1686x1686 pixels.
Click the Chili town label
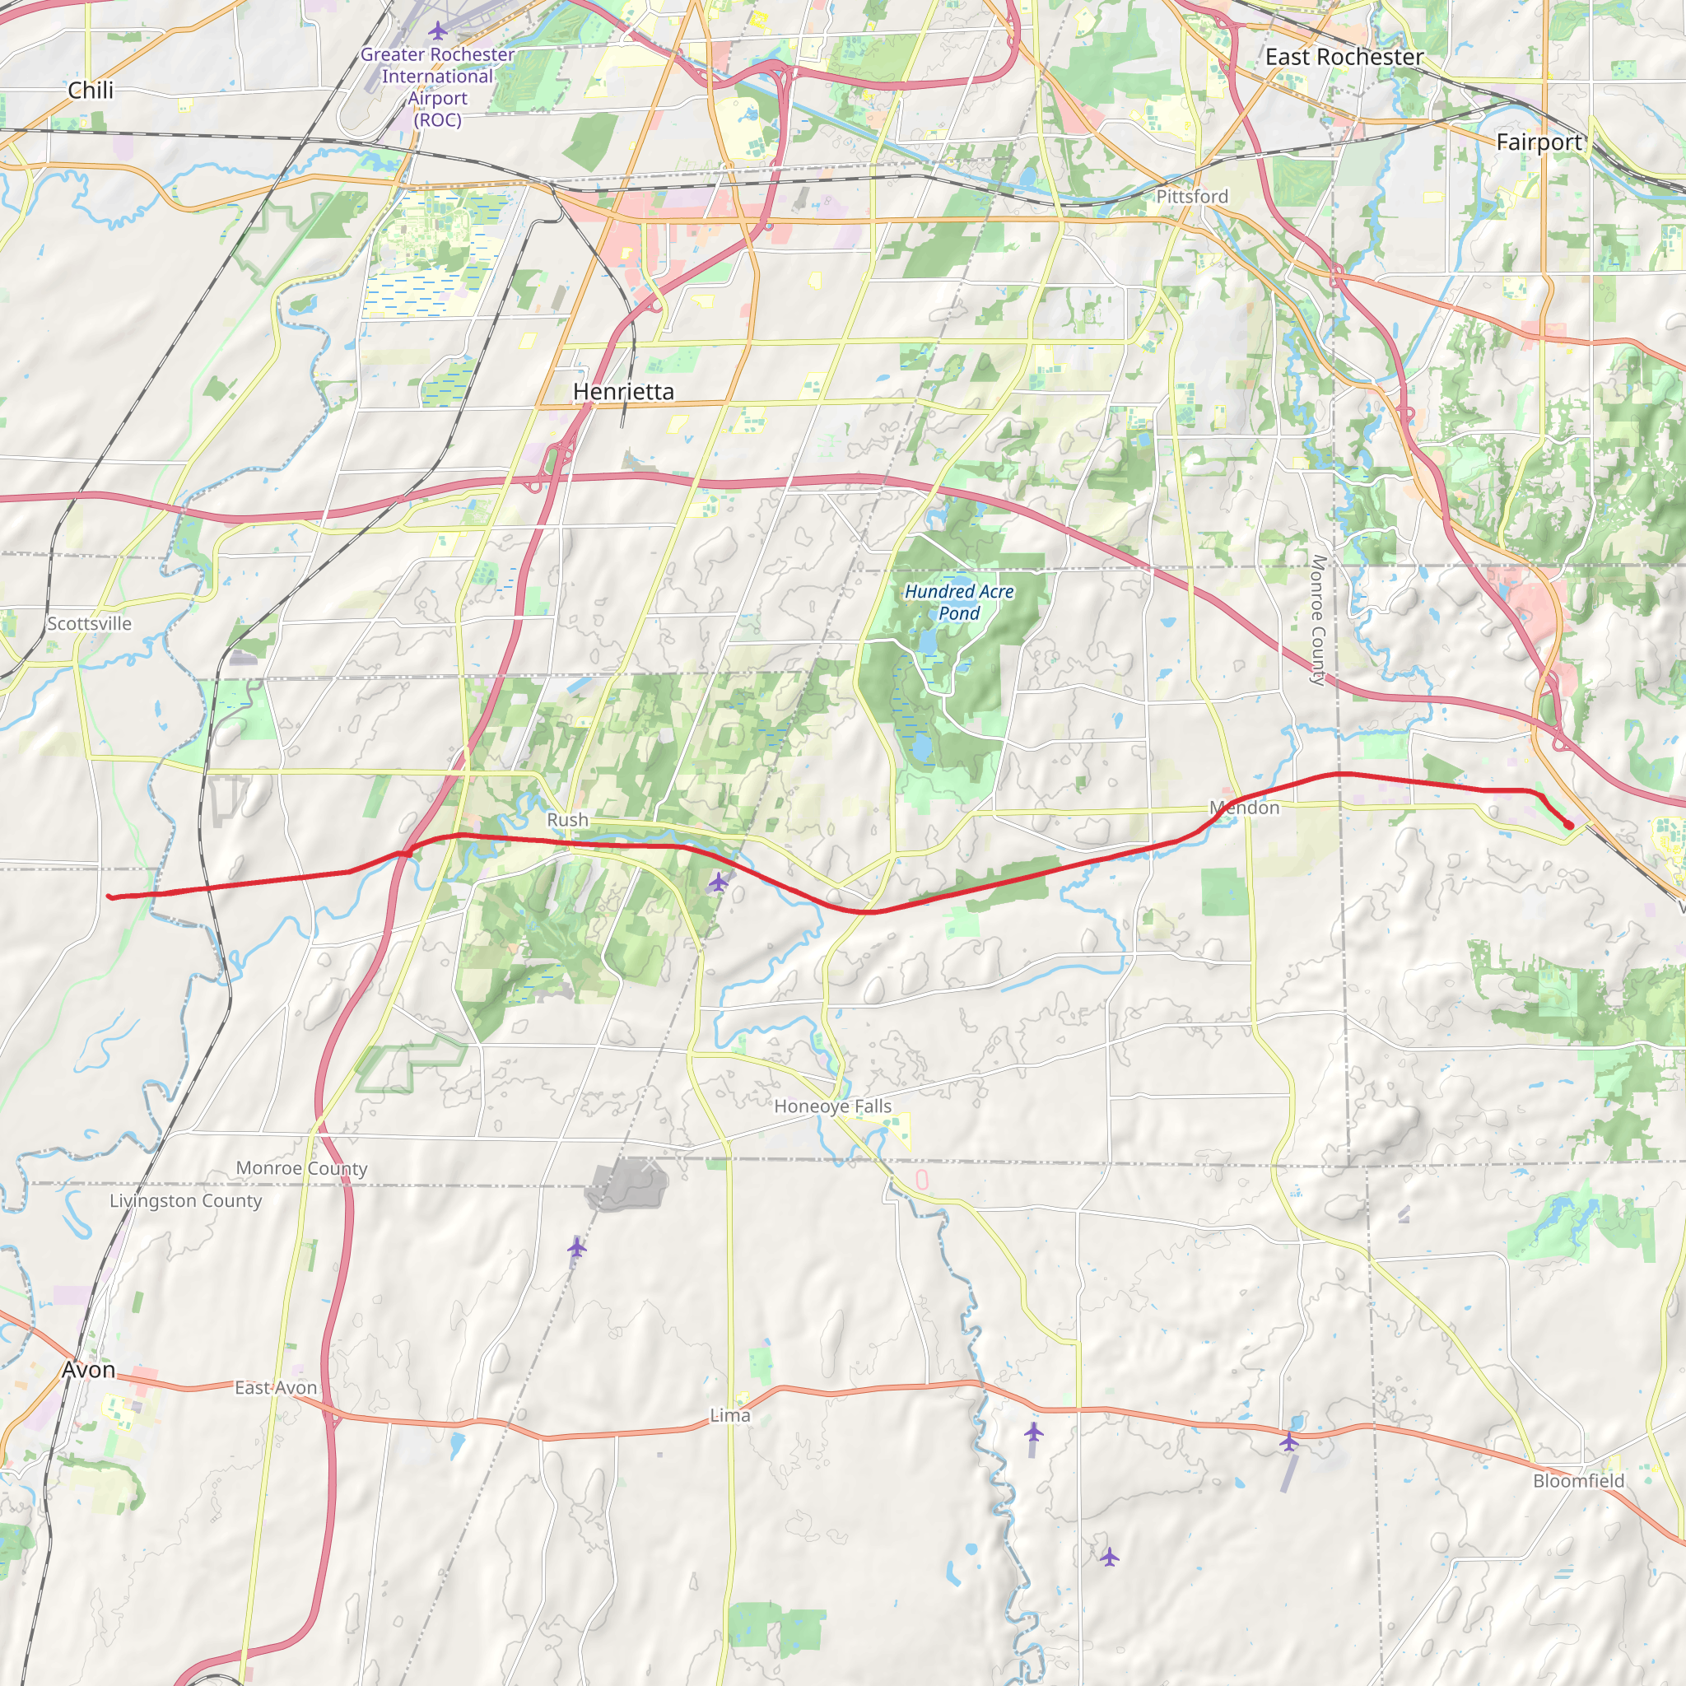click(91, 91)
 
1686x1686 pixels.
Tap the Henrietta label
click(623, 392)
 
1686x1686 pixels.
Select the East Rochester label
click(1344, 58)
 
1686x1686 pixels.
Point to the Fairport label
click(1539, 142)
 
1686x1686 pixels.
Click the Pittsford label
click(1192, 197)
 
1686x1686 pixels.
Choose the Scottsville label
click(89, 623)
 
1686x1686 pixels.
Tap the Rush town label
click(567, 819)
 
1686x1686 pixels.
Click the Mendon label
click(1245, 808)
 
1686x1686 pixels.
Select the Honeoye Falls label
click(832, 1106)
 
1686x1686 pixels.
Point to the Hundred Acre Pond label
click(959, 602)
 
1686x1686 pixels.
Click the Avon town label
click(88, 1369)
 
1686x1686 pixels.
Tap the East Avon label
click(276, 1387)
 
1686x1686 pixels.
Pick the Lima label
click(729, 1414)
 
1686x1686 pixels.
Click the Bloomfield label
click(1579, 1480)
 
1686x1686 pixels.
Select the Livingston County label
click(185, 1201)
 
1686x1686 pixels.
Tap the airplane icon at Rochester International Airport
click(438, 31)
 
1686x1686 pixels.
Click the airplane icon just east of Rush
click(717, 883)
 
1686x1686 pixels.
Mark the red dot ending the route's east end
click(1568, 825)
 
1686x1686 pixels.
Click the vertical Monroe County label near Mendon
click(1319, 621)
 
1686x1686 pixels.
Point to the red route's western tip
click(109, 897)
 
